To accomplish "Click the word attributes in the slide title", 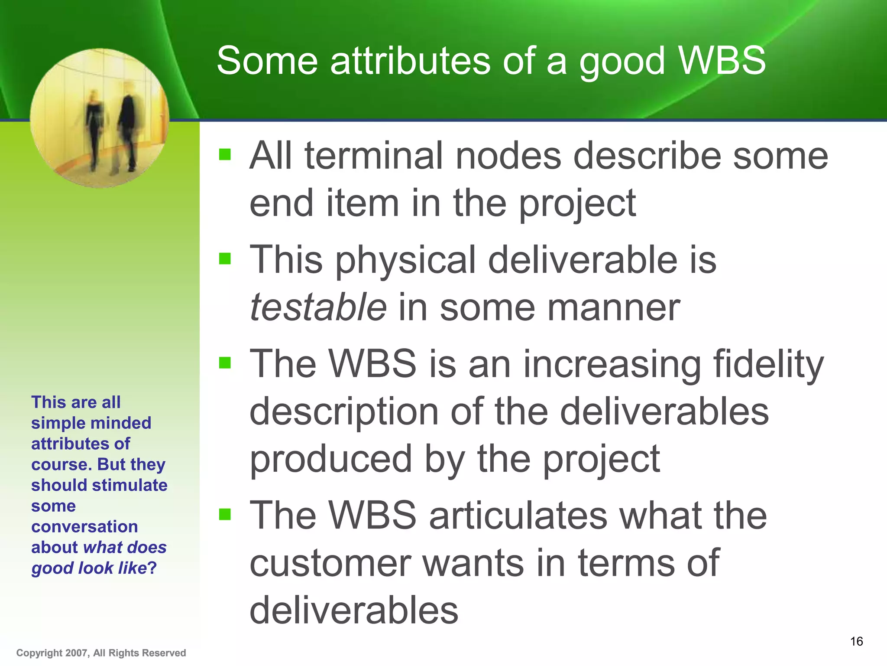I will click(410, 61).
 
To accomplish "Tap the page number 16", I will click(856, 641).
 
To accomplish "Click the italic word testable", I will click(318, 307).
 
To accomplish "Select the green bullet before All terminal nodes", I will click(225, 154).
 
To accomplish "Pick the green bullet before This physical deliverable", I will click(225, 258).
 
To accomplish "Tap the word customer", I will click(330, 563).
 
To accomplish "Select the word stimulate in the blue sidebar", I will click(129, 485).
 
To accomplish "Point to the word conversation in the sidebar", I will click(84, 527).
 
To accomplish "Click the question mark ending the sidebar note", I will click(152, 568).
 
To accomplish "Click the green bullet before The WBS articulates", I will click(225, 514).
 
